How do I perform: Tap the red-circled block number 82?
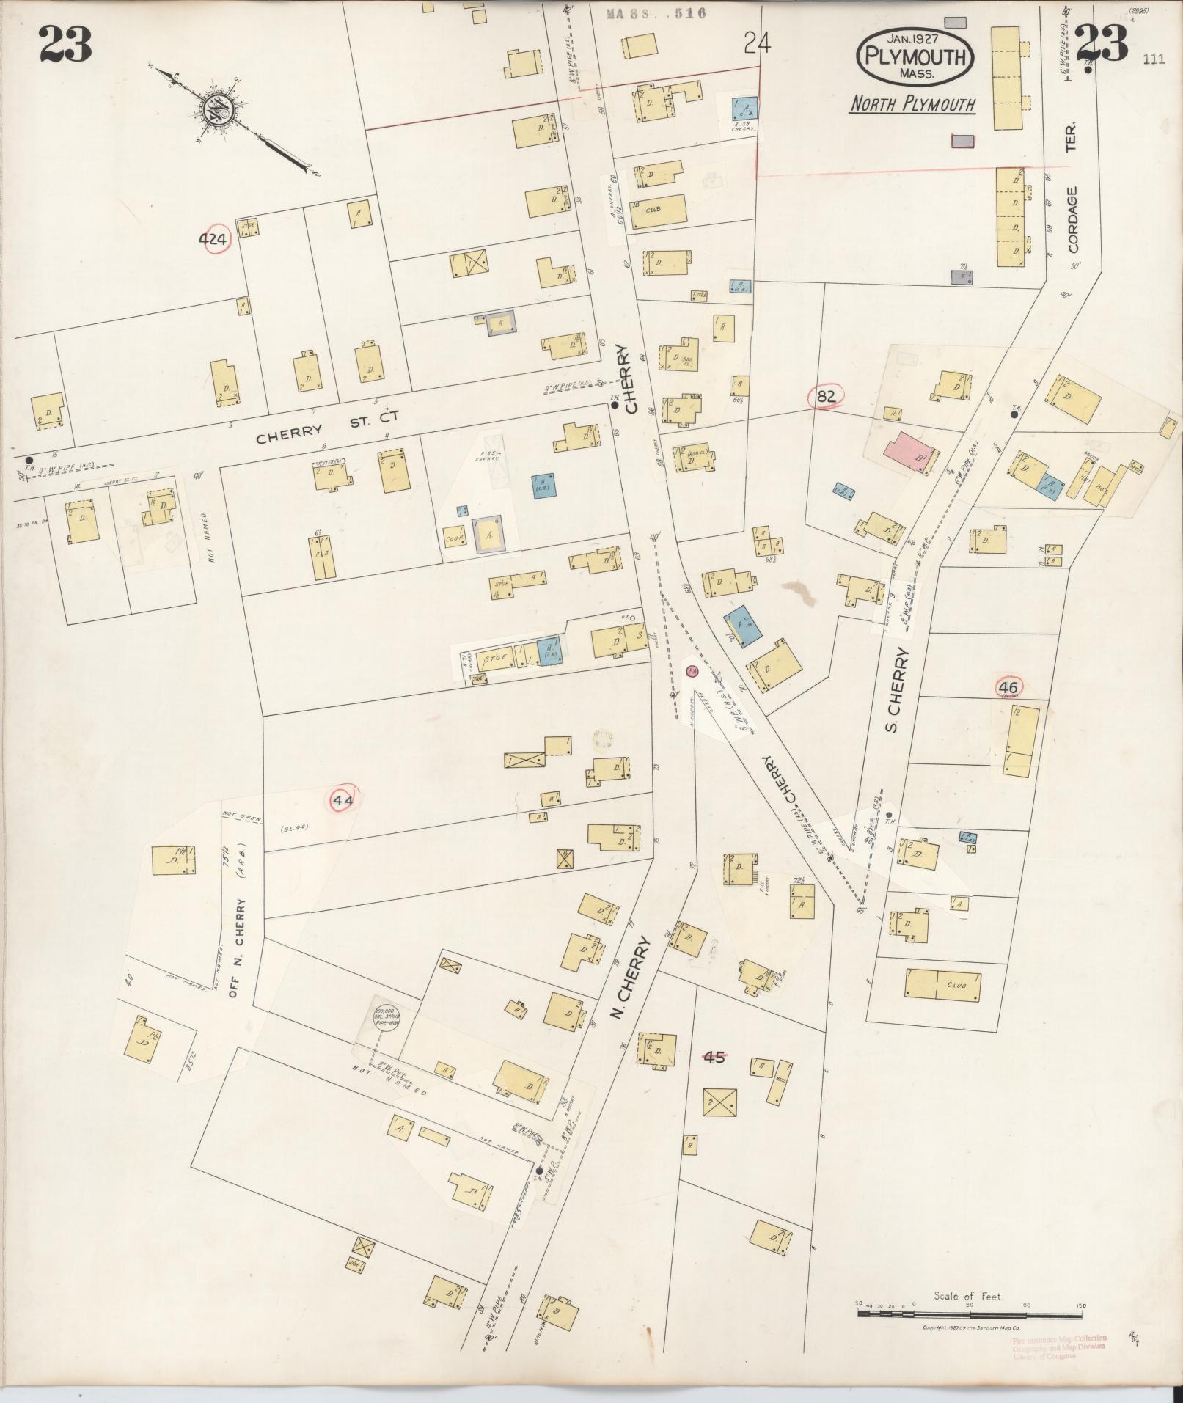coord(826,396)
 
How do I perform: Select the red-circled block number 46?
coord(1009,687)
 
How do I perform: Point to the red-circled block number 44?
coord(343,801)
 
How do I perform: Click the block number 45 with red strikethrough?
coord(714,1057)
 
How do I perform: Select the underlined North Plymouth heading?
coord(912,105)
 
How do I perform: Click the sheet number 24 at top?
coord(756,45)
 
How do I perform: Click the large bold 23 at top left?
coord(65,44)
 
